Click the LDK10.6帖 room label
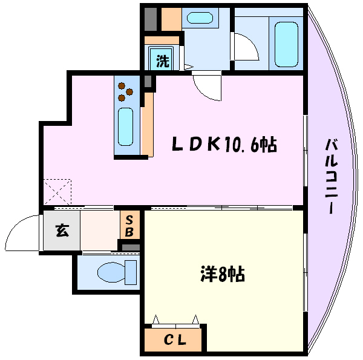[x=224, y=145]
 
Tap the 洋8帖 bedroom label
[x=223, y=274]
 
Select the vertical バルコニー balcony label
[x=332, y=176]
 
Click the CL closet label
[x=175, y=339]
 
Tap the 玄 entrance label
[x=62, y=231]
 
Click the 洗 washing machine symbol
[x=163, y=61]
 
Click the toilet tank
[x=131, y=272]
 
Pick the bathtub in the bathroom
[x=286, y=44]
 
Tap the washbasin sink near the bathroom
[x=200, y=18]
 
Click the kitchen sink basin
[x=125, y=126]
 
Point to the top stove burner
[x=122, y=86]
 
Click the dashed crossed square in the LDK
[x=57, y=192]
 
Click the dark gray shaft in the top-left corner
[x=151, y=19]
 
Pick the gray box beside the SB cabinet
[x=131, y=247]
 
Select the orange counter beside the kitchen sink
[x=148, y=125]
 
